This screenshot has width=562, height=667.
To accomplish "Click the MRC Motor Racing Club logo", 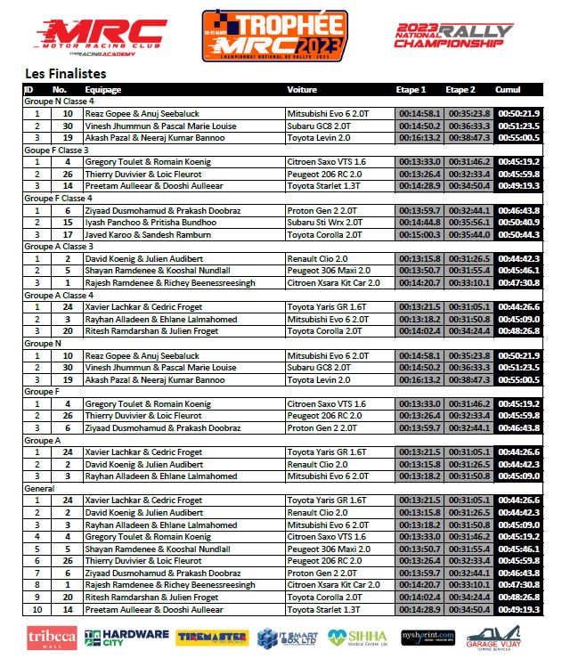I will pyautogui.click(x=101, y=37).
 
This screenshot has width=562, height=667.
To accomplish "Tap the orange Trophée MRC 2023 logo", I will pyautogui.click(x=273, y=35).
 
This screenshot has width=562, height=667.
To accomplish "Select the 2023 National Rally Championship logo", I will pyautogui.click(x=454, y=36).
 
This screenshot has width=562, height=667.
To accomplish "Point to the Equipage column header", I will pyautogui.click(x=103, y=90).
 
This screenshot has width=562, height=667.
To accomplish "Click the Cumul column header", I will pyautogui.click(x=509, y=90).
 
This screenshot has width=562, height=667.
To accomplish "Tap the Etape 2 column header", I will pyautogui.click(x=460, y=90).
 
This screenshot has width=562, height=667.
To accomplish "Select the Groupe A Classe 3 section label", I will pyautogui.click(x=59, y=246).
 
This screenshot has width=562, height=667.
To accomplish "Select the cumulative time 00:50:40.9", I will pyautogui.click(x=518, y=222).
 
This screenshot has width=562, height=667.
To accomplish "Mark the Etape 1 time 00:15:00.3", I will pyautogui.click(x=418, y=234).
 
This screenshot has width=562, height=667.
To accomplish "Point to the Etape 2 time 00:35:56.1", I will pyautogui.click(x=469, y=222).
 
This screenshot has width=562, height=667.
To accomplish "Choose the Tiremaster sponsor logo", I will pyautogui.click(x=212, y=638).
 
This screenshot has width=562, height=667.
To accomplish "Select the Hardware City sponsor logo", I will pyautogui.click(x=126, y=638).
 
